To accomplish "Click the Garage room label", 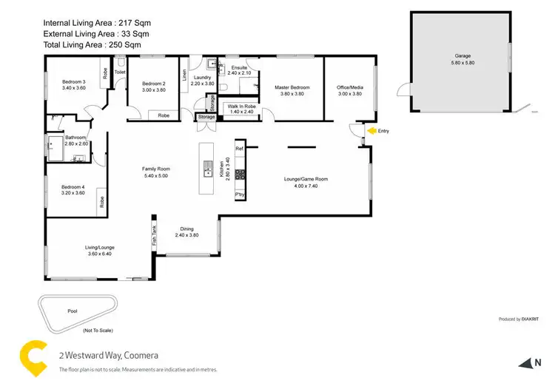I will click(462, 55).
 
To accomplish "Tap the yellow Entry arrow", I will click(372, 131).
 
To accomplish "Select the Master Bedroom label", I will click(292, 88).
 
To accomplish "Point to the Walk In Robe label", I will click(241, 107).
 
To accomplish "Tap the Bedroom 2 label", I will click(152, 83).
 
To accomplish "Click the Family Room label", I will click(156, 169).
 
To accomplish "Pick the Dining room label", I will click(186, 229).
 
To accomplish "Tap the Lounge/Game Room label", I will click(306, 179).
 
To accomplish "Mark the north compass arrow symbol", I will click(527, 362).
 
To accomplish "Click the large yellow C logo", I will click(32, 356).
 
